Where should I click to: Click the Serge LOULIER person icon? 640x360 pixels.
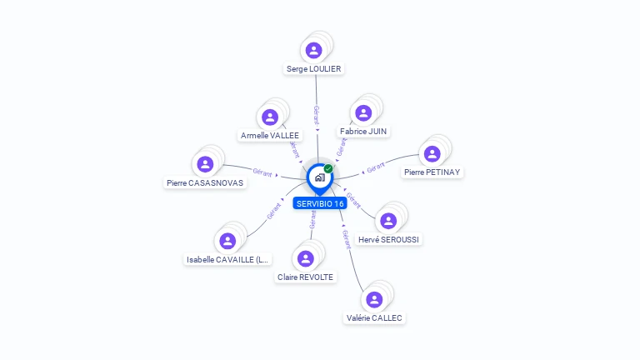point(313,50)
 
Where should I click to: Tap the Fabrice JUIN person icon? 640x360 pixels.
point(363,112)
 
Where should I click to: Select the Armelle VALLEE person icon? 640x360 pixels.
point(269,117)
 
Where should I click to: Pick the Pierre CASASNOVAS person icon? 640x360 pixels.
point(205,163)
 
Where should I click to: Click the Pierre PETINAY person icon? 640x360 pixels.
point(432,153)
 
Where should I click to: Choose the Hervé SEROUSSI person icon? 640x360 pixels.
point(387,221)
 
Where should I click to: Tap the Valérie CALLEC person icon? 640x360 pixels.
point(374,299)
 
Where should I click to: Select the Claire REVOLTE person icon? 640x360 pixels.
point(305,258)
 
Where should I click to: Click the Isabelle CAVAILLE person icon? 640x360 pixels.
point(227,241)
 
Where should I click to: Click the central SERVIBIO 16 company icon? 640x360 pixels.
point(318,177)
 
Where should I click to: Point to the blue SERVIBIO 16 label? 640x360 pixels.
point(320,203)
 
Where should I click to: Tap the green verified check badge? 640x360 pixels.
point(328,168)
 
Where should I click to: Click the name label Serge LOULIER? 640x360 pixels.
point(313,69)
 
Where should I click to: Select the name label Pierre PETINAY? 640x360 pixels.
point(432,172)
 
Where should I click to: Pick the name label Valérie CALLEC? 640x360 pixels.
point(374,318)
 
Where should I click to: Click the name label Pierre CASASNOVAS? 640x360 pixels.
point(205,182)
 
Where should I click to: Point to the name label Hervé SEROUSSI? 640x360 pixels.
point(388,240)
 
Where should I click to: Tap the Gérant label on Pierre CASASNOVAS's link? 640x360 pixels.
point(262,172)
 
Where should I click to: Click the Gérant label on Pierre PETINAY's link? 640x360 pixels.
point(376,167)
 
